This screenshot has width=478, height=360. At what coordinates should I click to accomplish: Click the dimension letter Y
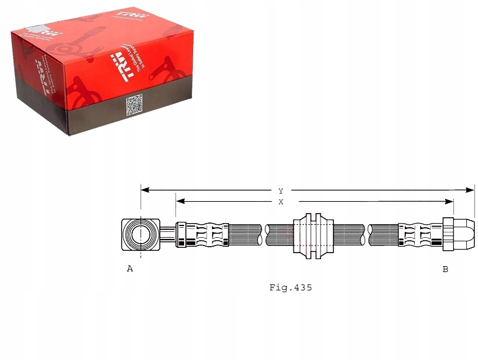pos(281,191)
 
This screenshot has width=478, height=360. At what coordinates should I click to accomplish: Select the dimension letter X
pos(281,202)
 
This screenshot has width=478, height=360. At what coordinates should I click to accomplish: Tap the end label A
pos(130,269)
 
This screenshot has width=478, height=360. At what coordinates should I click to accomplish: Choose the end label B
pos(445,269)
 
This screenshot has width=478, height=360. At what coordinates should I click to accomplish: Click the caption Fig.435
pos(290,288)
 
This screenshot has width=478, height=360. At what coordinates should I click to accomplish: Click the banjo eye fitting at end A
pos(140,234)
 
